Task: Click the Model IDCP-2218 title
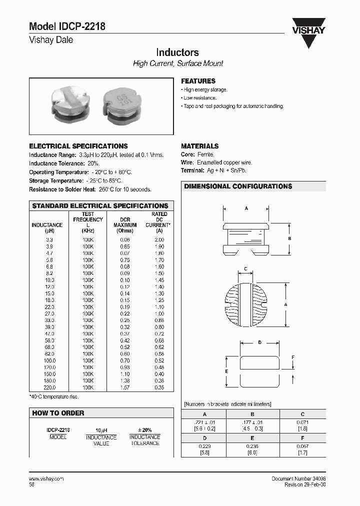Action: (x=67, y=27)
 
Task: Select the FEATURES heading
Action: (x=198, y=81)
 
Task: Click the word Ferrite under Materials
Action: (x=205, y=155)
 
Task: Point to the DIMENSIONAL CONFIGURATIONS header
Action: (x=238, y=186)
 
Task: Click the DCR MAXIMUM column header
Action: (x=124, y=225)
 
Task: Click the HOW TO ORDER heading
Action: (x=58, y=413)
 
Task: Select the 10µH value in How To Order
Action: (x=101, y=430)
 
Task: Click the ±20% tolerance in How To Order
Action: (x=144, y=430)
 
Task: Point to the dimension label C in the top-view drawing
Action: (x=245, y=269)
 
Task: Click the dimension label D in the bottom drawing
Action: (x=259, y=342)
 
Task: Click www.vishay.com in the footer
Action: (x=46, y=478)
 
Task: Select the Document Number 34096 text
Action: (x=298, y=478)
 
